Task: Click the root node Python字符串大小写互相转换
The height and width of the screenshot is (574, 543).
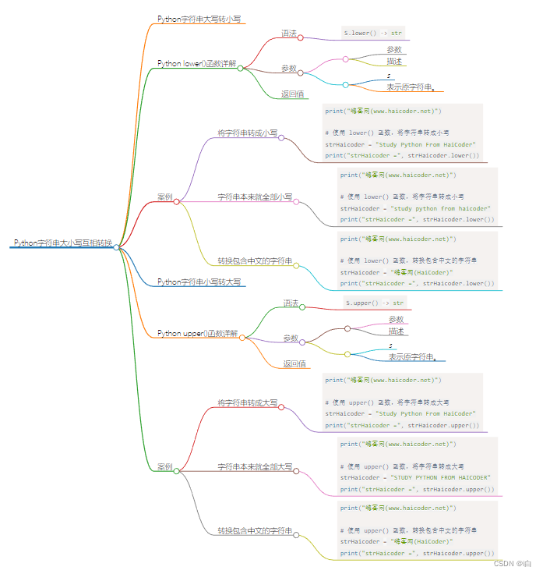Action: (x=62, y=243)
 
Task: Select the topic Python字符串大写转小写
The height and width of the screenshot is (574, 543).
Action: (x=199, y=18)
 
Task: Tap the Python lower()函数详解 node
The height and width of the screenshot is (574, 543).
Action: (x=196, y=63)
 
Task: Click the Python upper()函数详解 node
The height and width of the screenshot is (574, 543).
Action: (x=198, y=333)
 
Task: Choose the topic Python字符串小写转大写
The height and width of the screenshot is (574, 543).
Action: (x=199, y=282)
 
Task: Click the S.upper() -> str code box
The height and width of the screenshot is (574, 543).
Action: (x=375, y=303)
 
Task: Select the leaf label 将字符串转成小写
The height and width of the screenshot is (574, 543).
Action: (x=247, y=133)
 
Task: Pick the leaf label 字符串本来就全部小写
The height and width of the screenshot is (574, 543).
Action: (x=255, y=197)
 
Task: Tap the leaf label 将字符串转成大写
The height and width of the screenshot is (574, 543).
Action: (x=247, y=402)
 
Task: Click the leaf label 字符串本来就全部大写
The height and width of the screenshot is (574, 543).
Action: (x=255, y=466)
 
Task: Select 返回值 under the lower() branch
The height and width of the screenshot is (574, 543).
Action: (x=292, y=94)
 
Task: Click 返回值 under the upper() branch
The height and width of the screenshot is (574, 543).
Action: (x=294, y=363)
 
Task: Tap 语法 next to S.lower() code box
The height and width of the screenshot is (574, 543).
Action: (x=289, y=33)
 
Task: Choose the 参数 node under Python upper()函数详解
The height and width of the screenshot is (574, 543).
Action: (x=291, y=338)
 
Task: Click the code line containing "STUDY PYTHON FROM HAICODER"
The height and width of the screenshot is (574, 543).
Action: (x=415, y=477)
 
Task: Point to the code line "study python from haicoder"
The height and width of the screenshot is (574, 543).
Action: (x=415, y=208)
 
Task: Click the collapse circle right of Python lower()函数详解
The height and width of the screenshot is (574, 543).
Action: (x=241, y=68)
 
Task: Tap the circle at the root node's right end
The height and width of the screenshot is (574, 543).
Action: (x=116, y=247)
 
